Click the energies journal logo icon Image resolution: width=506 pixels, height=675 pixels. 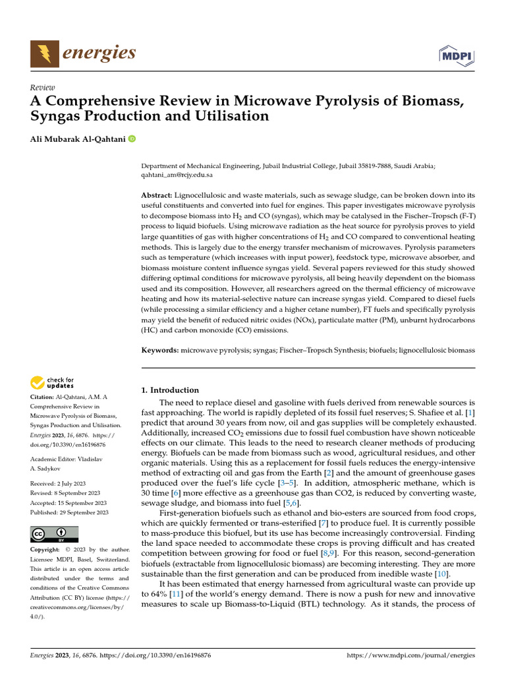[43, 53]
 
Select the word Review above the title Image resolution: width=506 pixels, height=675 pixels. [43, 88]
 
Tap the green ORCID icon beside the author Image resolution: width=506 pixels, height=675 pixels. [132, 138]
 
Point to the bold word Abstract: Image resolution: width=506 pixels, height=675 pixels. [157, 196]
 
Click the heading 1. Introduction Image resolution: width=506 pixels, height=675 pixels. [170, 390]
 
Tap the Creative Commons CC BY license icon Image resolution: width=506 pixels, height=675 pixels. [54, 534]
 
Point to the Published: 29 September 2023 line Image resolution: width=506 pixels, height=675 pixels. [69, 512]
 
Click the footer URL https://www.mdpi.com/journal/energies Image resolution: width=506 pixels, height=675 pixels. [410, 657]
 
